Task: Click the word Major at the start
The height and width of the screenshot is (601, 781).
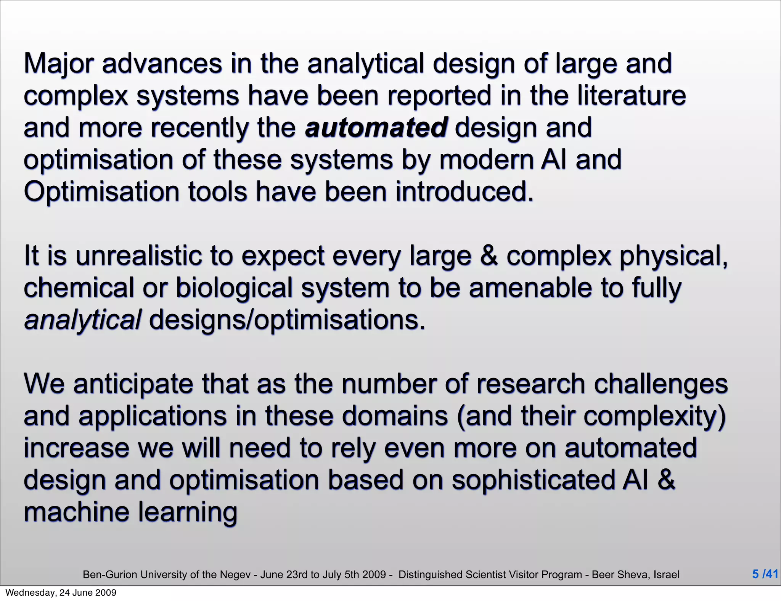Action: [58, 64]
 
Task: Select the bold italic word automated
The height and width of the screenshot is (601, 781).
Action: [376, 128]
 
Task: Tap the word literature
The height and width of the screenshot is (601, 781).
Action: [631, 95]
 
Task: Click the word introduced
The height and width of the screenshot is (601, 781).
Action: [464, 192]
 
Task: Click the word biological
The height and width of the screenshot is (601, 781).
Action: [234, 288]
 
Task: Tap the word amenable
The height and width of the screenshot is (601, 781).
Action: [530, 288]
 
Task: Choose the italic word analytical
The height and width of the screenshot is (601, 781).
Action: [82, 320]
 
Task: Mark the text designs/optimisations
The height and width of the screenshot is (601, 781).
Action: [287, 320]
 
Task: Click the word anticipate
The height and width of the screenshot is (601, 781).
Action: [133, 384]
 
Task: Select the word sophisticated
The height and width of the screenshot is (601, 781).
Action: [533, 480]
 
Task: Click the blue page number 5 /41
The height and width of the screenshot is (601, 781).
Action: [765, 574]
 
